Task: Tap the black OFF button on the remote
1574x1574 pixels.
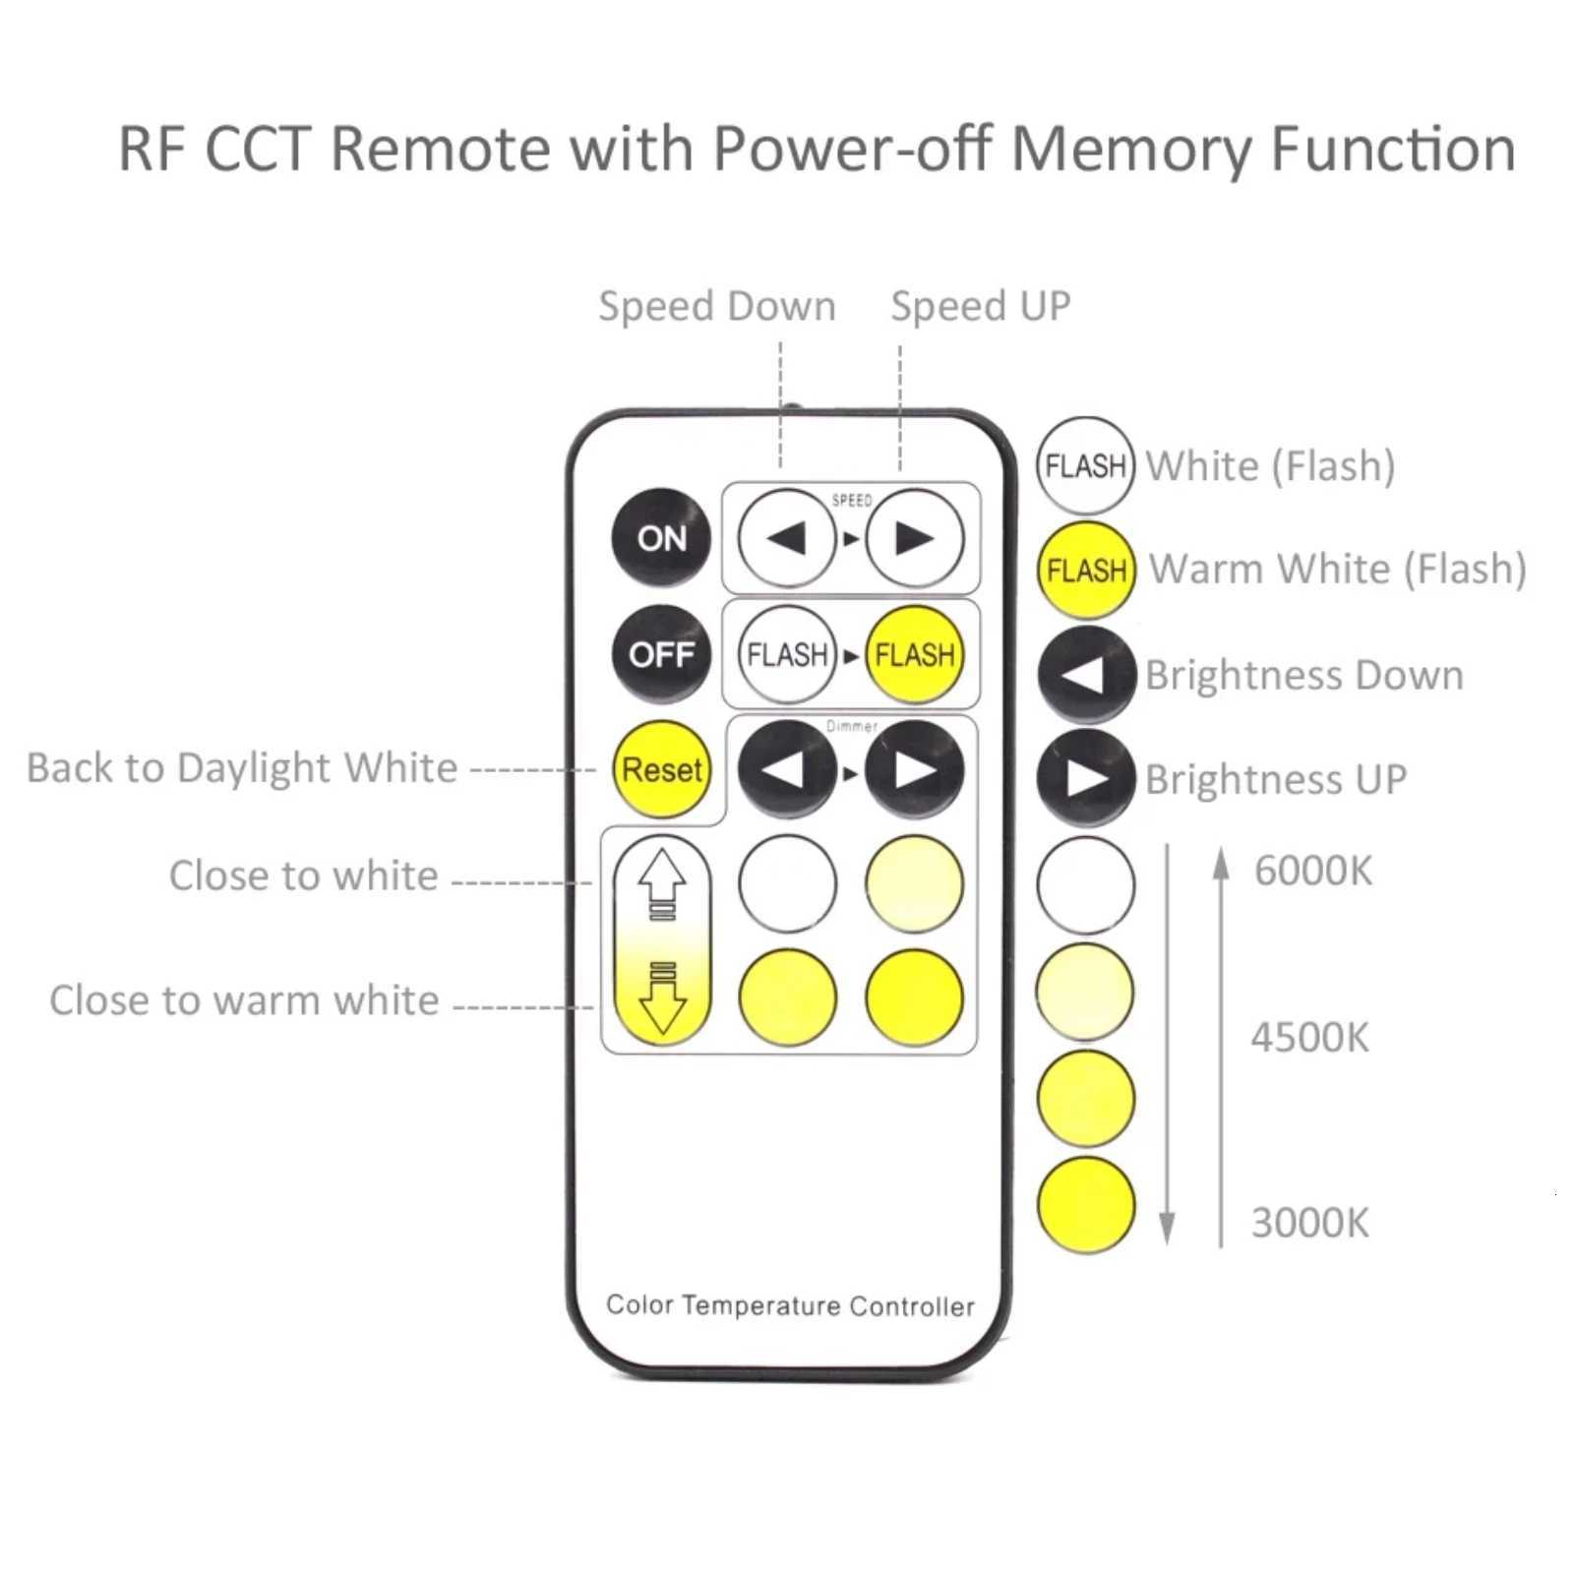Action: point(661,654)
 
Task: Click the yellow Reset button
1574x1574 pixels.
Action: point(661,769)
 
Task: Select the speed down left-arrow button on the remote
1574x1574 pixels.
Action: point(786,538)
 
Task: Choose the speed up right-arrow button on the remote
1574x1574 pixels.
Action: point(914,538)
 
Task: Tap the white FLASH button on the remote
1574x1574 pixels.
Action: point(786,654)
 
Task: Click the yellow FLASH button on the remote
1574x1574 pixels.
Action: point(914,654)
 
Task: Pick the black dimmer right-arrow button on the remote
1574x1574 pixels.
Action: point(914,770)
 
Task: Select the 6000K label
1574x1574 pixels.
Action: point(1312,871)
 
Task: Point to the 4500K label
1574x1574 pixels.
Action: point(1309,1038)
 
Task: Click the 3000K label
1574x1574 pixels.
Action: point(1309,1223)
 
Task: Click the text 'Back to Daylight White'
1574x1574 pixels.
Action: point(242,767)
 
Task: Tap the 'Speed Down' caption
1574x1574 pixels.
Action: point(717,306)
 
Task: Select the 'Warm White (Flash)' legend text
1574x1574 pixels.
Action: point(1337,569)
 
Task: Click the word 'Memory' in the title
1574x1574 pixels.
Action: point(1131,150)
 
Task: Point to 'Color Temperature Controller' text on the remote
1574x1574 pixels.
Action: point(790,1305)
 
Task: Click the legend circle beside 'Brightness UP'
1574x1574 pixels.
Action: point(1086,777)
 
